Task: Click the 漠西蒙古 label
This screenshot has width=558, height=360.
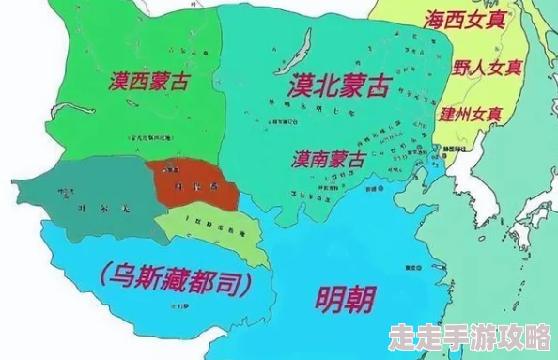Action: pos(147,81)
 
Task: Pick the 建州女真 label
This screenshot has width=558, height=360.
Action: pos(471,114)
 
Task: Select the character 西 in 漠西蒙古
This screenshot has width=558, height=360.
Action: pos(134,81)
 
